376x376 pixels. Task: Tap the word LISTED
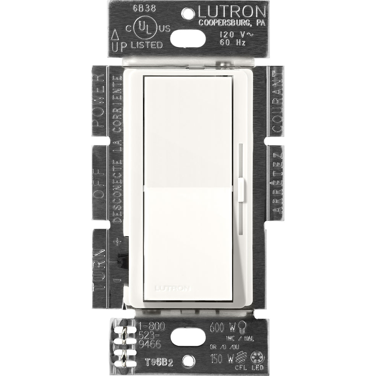pos(146,45)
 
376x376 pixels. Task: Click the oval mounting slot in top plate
pos(188,38)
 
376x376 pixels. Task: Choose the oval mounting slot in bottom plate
pos(188,337)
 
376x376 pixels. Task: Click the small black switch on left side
pos(121,261)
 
